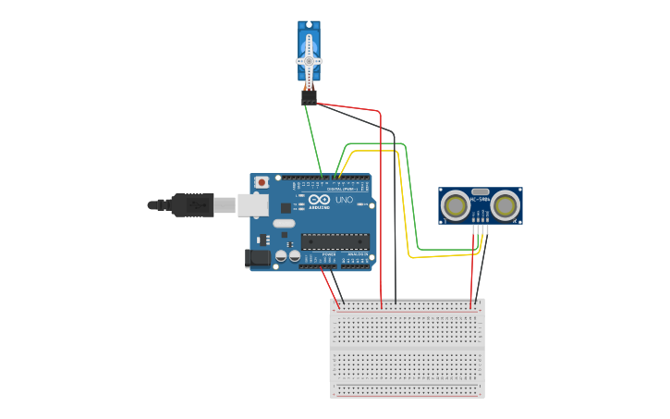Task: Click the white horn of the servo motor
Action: (309, 61)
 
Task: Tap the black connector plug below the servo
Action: (309, 95)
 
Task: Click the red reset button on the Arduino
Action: (262, 182)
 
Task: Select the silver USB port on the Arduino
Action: (252, 204)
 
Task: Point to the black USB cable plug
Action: (192, 204)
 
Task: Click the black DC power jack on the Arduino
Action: (258, 258)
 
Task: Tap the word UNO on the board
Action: (344, 200)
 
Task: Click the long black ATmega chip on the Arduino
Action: (335, 242)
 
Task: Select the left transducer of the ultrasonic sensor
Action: (456, 205)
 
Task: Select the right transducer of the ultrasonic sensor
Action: (506, 205)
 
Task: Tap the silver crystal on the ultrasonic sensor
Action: (481, 191)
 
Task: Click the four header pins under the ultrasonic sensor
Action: (479, 229)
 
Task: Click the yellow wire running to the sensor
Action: (407, 203)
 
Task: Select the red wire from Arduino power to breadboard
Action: (330, 287)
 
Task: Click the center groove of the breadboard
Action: (407, 349)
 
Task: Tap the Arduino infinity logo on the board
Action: (319, 200)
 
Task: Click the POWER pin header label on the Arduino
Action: (329, 254)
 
